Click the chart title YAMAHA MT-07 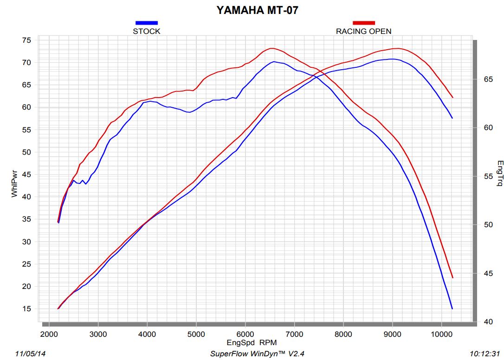[257, 10]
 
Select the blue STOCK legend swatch [147, 22]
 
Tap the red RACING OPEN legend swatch [363, 22]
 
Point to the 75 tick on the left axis [26, 40]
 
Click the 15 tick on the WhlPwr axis [26, 309]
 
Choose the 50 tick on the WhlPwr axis [26, 152]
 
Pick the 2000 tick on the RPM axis [48, 334]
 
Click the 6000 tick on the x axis [245, 334]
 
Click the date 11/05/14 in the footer [31, 354]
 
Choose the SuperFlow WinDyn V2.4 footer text [257, 354]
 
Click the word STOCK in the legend [147, 31]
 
